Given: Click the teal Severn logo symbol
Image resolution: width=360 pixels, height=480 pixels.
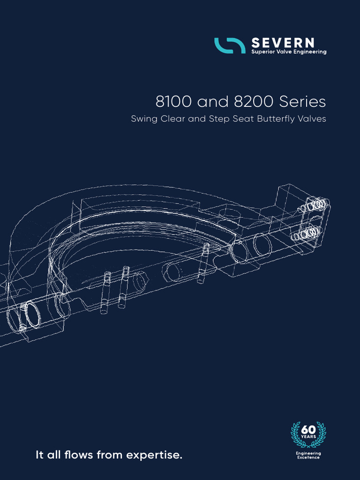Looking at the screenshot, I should [230, 45].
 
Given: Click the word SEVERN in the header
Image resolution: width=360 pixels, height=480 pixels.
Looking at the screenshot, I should [283, 43].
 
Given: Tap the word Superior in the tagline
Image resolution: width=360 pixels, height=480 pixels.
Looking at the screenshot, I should [263, 52].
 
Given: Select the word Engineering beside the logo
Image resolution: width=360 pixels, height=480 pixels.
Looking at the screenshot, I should [308, 52].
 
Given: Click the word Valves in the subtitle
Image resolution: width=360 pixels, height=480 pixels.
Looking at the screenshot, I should [312, 119].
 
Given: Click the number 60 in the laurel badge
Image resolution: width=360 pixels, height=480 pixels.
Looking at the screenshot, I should [308, 430].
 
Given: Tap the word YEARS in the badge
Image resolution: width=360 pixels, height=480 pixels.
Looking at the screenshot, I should [308, 437].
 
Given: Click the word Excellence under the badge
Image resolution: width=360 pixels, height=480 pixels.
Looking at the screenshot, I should [308, 457].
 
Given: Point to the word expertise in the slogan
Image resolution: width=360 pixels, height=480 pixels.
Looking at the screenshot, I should [156, 455].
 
